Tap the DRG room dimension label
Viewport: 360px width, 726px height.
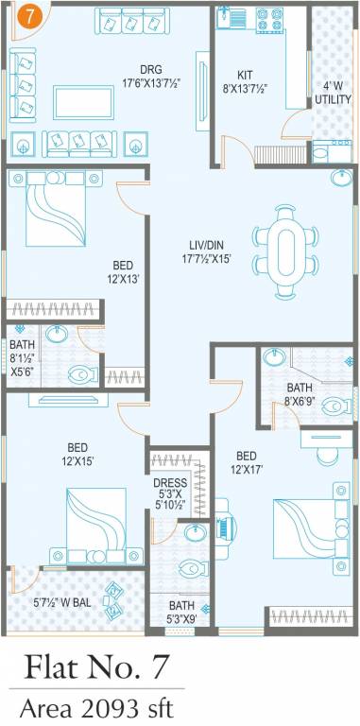151,77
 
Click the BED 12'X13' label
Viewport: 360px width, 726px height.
123,273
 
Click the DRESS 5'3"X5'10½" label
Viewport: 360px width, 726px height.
171,493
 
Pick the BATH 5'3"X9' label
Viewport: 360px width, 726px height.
182,612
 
